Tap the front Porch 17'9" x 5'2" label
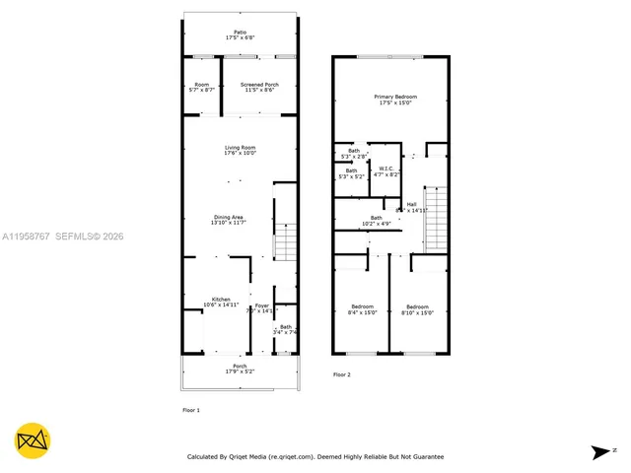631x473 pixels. click(240, 369)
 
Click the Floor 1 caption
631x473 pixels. click(191, 409)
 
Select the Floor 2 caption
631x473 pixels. click(341, 375)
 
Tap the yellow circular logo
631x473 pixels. click(33, 440)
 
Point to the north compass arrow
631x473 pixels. click(600, 452)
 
